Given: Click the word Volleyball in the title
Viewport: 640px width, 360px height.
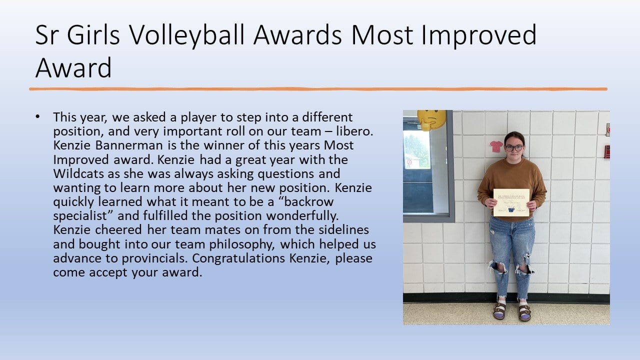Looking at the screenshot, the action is click(x=187, y=35).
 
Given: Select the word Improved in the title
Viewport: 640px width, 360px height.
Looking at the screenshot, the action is click(x=479, y=35).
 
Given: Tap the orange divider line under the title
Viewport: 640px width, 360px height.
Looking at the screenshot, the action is click(x=318, y=89).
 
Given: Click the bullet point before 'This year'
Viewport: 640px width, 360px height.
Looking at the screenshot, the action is click(x=37, y=116).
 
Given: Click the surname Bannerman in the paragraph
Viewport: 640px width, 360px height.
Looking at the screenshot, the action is click(x=129, y=145).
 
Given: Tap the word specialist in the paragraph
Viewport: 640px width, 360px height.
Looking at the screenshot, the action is click(x=80, y=216).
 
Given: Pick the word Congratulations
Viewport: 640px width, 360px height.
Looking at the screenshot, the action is click(x=238, y=258).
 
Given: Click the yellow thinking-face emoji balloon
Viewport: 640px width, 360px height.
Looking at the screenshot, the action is click(x=431, y=119).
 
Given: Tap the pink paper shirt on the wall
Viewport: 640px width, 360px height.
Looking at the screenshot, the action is click(x=496, y=146).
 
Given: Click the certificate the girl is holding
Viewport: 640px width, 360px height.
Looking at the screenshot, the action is click(x=511, y=202).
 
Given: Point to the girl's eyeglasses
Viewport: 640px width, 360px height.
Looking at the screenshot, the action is click(x=513, y=148).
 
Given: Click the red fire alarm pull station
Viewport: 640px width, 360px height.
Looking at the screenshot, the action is click(x=607, y=151).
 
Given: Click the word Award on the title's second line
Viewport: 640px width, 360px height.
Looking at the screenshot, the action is click(x=73, y=67).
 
